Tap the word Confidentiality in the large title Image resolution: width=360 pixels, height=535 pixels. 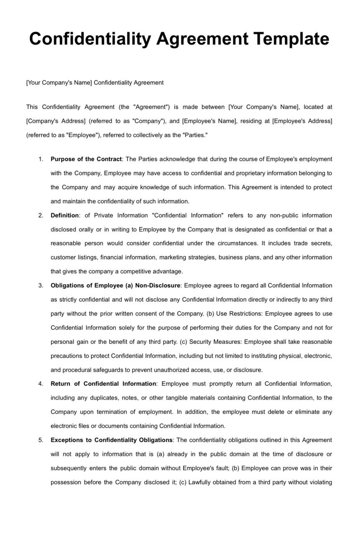tap(90, 39)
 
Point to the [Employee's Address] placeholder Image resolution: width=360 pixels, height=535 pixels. tap(302, 121)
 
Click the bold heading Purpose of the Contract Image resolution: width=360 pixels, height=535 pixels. tap(86, 159)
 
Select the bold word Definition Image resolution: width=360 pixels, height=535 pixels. tap(65, 216)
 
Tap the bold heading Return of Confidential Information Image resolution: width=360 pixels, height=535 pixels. tap(103, 384)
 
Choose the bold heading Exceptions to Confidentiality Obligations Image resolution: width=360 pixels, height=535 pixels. tap(112, 440)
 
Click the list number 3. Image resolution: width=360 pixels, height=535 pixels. tap(41, 286)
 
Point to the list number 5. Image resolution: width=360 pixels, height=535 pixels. tap(41, 440)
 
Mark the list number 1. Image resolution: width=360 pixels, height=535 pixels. tap(41, 159)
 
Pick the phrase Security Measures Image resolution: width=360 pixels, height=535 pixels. tap(215, 342)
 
